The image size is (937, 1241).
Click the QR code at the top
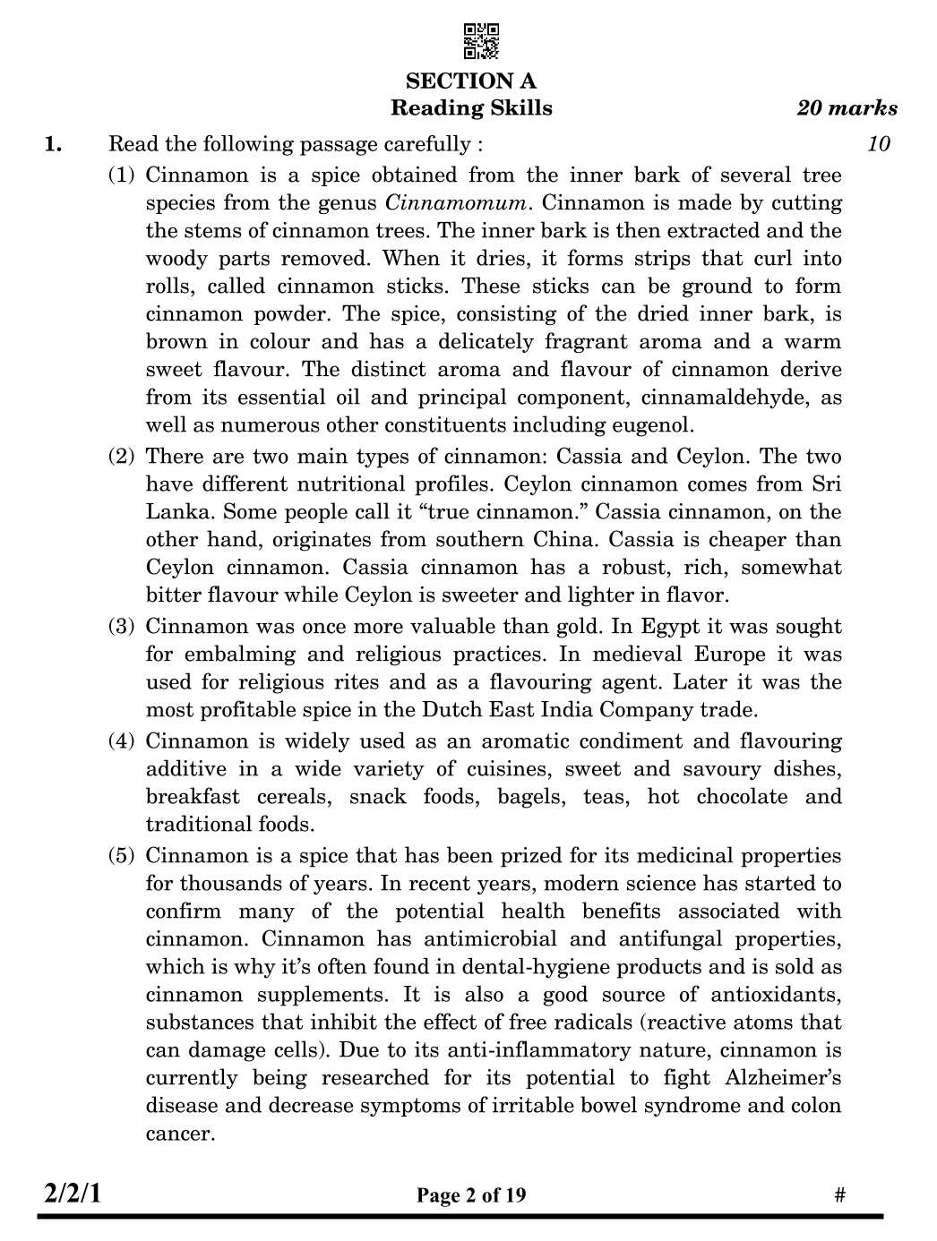click(481, 41)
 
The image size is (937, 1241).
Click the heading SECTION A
click(471, 81)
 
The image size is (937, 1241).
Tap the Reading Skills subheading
click(471, 108)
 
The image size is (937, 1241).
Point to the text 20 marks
click(847, 108)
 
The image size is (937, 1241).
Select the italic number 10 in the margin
click(879, 144)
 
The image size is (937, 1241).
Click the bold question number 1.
click(54, 144)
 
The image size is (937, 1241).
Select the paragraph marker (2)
click(122, 457)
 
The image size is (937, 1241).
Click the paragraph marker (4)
click(122, 741)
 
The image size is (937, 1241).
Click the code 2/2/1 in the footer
click(73, 1194)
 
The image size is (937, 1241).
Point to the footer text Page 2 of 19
click(471, 1195)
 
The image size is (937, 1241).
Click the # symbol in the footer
click(839, 1195)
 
